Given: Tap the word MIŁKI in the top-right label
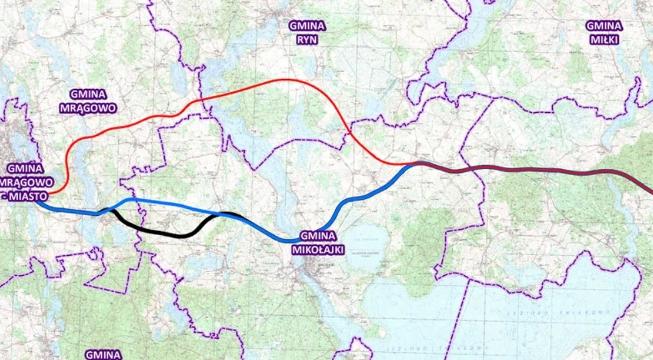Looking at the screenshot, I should tap(604, 39).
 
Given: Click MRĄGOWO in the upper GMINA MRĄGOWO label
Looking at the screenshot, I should tap(93, 107).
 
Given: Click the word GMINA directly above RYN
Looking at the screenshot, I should tap(306, 26).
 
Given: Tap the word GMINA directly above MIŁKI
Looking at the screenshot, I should tap(604, 26).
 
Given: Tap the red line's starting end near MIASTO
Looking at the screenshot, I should tap(50, 192).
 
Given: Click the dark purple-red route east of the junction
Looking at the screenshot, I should tap(534, 170).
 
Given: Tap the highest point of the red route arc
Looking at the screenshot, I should tap(287, 79).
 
